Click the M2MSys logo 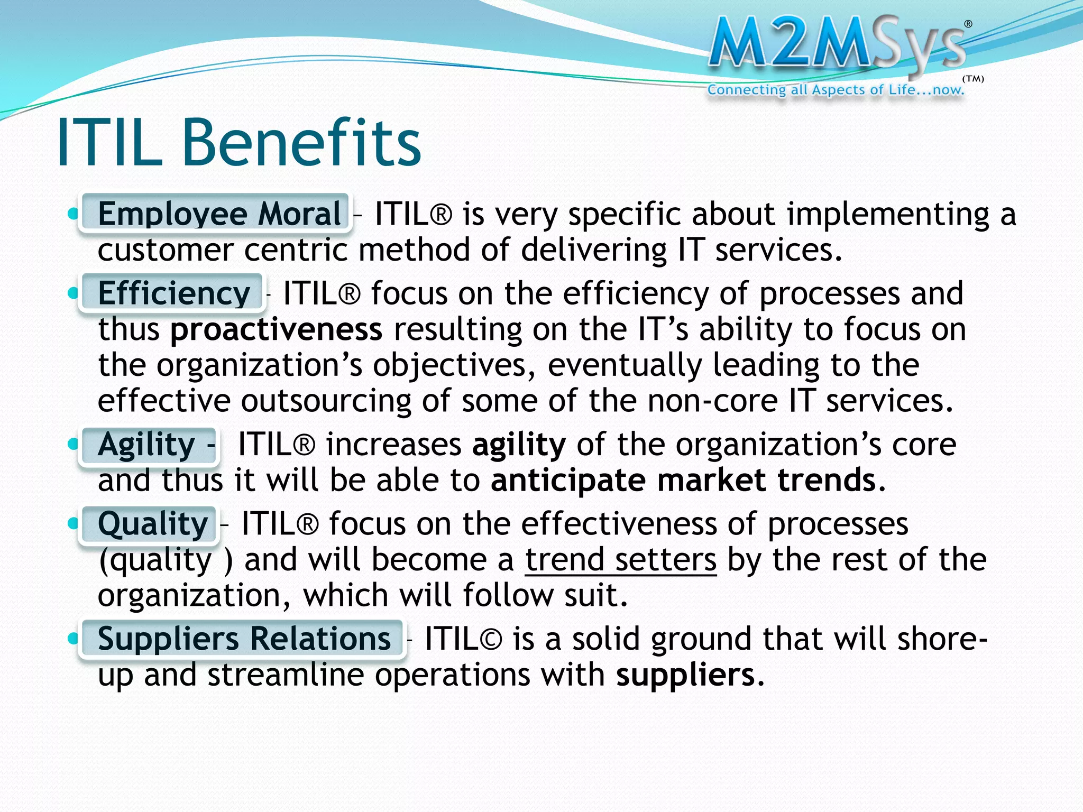click(838, 45)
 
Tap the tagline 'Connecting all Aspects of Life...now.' click(836, 90)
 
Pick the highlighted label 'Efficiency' click(172, 293)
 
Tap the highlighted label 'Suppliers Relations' click(243, 639)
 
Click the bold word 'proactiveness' click(276, 329)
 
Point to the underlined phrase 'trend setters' click(621, 560)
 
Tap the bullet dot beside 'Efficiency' click(73, 293)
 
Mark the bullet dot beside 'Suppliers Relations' click(73, 639)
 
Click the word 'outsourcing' click(326, 401)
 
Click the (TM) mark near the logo click(973, 79)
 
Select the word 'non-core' click(712, 401)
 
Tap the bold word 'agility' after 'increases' click(519, 445)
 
